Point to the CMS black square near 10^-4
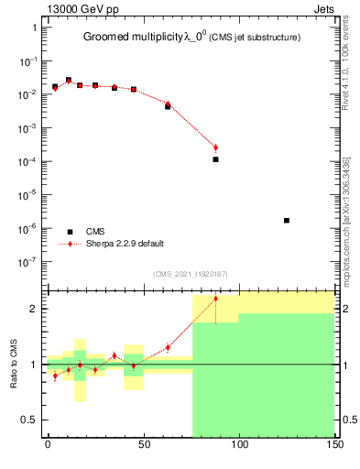point(216,159)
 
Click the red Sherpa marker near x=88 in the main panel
point(216,147)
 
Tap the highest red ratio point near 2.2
point(216,299)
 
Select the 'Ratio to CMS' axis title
point(14,365)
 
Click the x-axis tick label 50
point(143,444)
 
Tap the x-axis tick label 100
point(238,444)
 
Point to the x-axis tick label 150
point(333,444)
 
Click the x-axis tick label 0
point(48,444)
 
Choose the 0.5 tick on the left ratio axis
point(28,420)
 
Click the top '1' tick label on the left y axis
point(34,27)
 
